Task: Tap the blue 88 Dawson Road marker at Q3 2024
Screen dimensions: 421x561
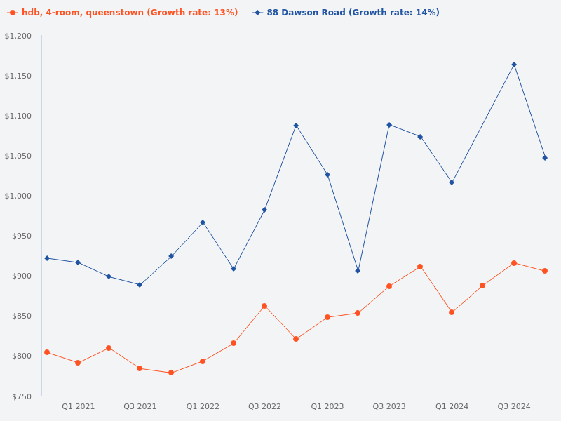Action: tap(514, 65)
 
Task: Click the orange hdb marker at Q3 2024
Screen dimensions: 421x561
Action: tap(514, 263)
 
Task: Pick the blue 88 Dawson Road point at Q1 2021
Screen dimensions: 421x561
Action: tap(78, 262)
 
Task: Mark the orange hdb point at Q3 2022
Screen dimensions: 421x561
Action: tap(264, 306)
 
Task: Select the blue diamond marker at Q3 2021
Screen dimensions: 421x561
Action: tap(140, 285)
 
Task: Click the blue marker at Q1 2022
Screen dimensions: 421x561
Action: tap(203, 222)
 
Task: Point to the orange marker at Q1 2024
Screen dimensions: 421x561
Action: tap(452, 312)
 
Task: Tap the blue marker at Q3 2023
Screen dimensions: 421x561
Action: tap(389, 125)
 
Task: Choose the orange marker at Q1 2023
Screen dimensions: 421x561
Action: tap(327, 317)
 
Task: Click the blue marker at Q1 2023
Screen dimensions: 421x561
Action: tap(327, 175)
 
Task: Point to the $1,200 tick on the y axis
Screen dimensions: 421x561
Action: tap(18, 36)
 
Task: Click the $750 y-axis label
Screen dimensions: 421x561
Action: tap(21, 396)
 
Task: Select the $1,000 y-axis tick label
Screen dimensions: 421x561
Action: tap(18, 196)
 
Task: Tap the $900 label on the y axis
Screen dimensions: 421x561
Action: tap(21, 276)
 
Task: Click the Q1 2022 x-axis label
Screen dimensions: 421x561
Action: tap(203, 406)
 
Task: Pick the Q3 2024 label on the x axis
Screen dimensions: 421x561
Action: tap(514, 406)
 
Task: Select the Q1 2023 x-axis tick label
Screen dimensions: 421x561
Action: tap(327, 406)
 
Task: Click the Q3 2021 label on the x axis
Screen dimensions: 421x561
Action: tap(140, 406)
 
